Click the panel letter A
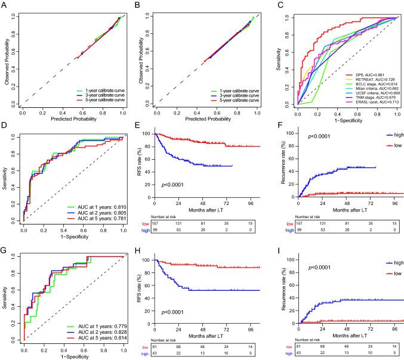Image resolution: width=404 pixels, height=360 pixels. tap(4, 5)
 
